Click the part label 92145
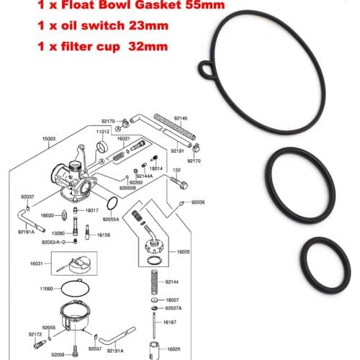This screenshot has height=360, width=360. pos(181,117)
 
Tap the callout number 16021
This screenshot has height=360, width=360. pos(124,138)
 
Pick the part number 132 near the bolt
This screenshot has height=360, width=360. pos(176,170)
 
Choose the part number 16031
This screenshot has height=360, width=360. pos(37,264)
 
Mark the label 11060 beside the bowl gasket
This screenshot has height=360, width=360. pos(37,287)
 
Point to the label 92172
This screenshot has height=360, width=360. pos(35,336)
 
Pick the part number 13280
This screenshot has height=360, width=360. pos(60,233)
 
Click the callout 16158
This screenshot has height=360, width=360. pos(104,235)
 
